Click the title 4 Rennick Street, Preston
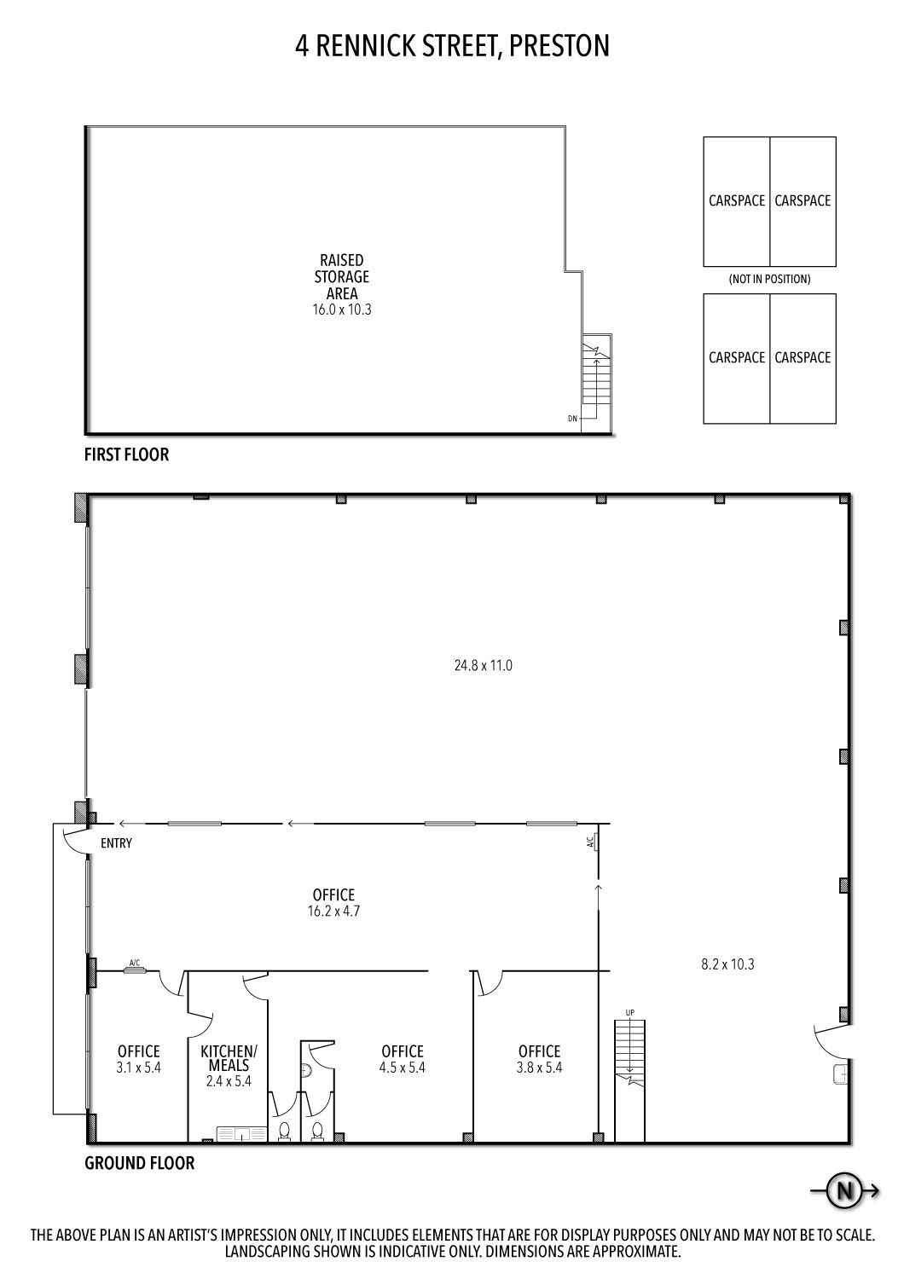coord(452,46)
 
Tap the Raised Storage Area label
coord(341,277)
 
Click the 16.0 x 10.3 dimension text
coord(341,310)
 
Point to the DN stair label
coord(572,419)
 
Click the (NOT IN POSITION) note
coord(769,279)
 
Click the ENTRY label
coord(116,843)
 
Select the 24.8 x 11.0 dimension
coord(483,665)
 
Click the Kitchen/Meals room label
coord(229,1066)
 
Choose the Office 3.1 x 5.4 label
coord(139,1059)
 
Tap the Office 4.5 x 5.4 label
coord(402,1059)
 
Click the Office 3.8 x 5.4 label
coord(539,1059)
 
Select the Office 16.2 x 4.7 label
coord(333,903)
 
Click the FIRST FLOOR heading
coord(127,454)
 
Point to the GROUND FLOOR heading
coord(139,1163)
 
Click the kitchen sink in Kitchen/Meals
coord(241,1134)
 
